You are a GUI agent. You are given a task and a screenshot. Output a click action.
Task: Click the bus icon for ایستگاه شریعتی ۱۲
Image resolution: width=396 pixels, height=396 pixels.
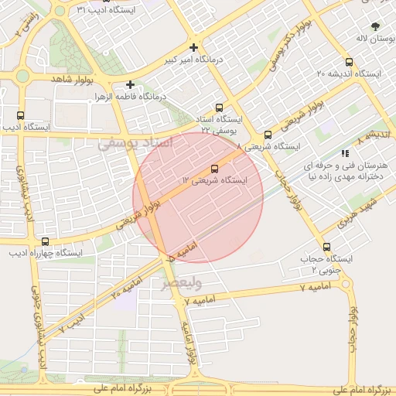pyautogui.click(x=214, y=169)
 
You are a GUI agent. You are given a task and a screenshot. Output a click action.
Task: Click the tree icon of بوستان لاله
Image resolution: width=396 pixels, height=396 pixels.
pyautogui.click(x=376, y=26)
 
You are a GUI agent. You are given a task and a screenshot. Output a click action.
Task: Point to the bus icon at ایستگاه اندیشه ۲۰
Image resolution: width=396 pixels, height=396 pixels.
pyautogui.click(x=349, y=63)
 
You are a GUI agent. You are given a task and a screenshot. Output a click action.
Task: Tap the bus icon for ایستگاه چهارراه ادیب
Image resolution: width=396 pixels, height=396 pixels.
pyautogui.click(x=45, y=241)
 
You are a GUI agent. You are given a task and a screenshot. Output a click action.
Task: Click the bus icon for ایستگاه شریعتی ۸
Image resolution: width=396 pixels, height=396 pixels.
pyautogui.click(x=268, y=135)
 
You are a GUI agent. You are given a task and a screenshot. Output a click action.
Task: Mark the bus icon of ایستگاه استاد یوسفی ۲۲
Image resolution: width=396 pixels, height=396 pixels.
pyautogui.click(x=220, y=108)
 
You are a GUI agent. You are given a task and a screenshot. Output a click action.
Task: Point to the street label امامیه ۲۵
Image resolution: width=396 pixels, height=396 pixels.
pyautogui.click(x=126, y=290)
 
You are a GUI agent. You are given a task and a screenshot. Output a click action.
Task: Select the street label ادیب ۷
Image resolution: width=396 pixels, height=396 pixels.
pyautogui.click(x=74, y=324)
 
